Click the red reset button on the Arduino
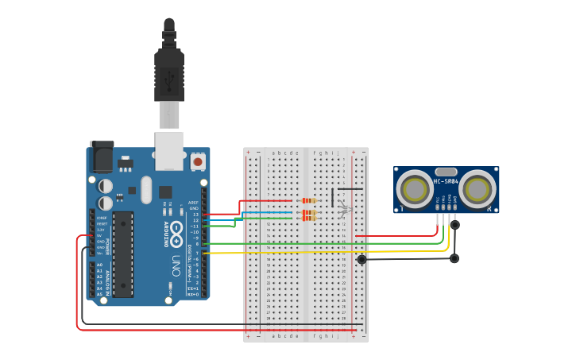coord(197,162)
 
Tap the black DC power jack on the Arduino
coord(102,157)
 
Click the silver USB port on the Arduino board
coord(168,151)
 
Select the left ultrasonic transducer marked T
coord(414,189)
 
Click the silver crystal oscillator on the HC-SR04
coord(446,172)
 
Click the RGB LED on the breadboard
coord(344,209)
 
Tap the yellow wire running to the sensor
coord(318,252)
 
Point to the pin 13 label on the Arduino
coord(195,215)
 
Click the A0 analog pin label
coord(99,265)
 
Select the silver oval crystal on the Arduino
coord(145,189)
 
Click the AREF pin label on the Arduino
coord(194,203)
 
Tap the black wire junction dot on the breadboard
coord(361,259)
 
